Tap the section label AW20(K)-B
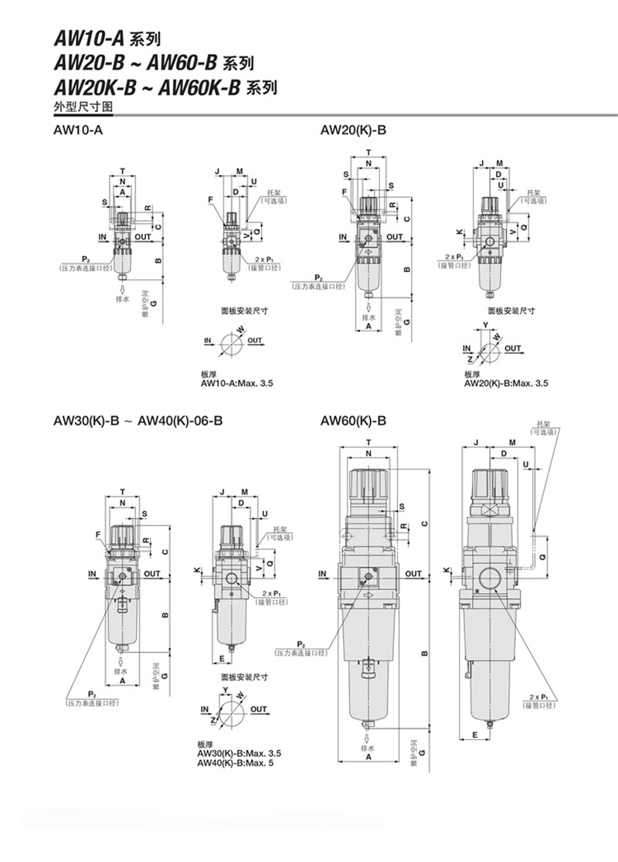[x=353, y=131]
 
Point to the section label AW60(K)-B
[x=353, y=421]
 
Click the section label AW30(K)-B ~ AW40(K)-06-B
[x=138, y=421]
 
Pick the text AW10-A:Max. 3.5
[x=237, y=383]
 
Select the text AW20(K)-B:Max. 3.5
[x=506, y=383]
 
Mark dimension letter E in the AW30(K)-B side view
[x=222, y=658]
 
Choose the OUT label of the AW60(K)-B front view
[x=413, y=573]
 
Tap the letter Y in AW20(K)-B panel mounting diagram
[x=485, y=324]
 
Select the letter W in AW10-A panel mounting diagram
[x=240, y=329]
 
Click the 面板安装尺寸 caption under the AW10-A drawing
[x=244, y=311]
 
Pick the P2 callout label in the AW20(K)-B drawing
[x=317, y=277]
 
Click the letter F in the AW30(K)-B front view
[x=98, y=535]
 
